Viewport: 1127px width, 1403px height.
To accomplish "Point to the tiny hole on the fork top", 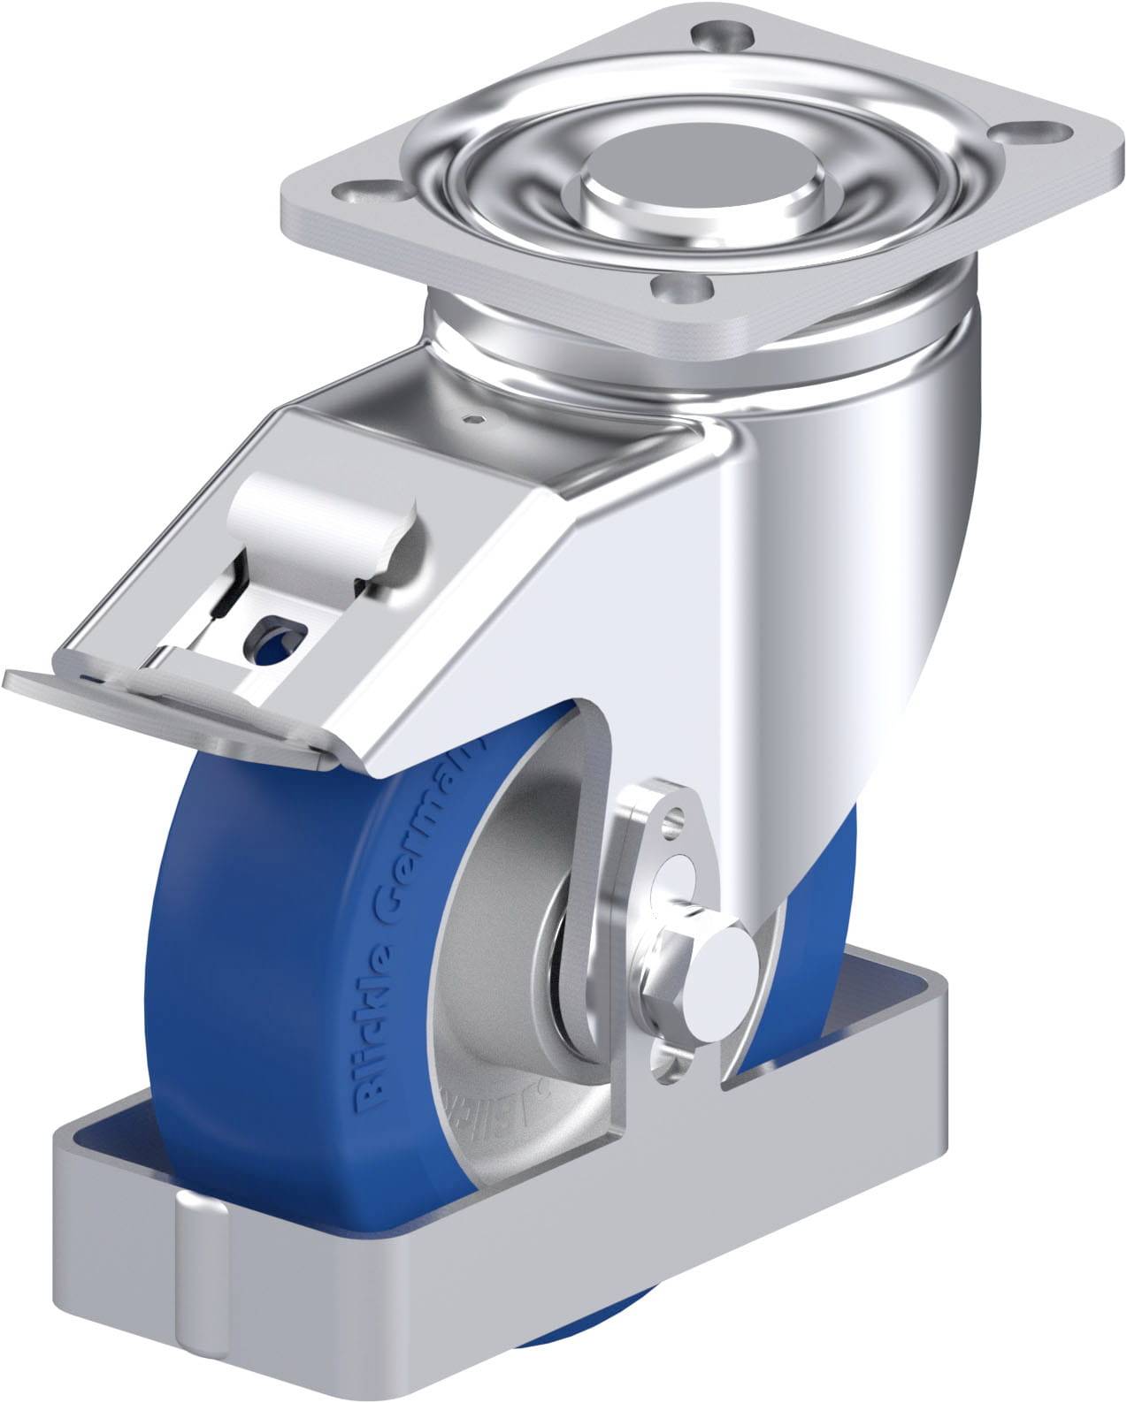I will [477, 420].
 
